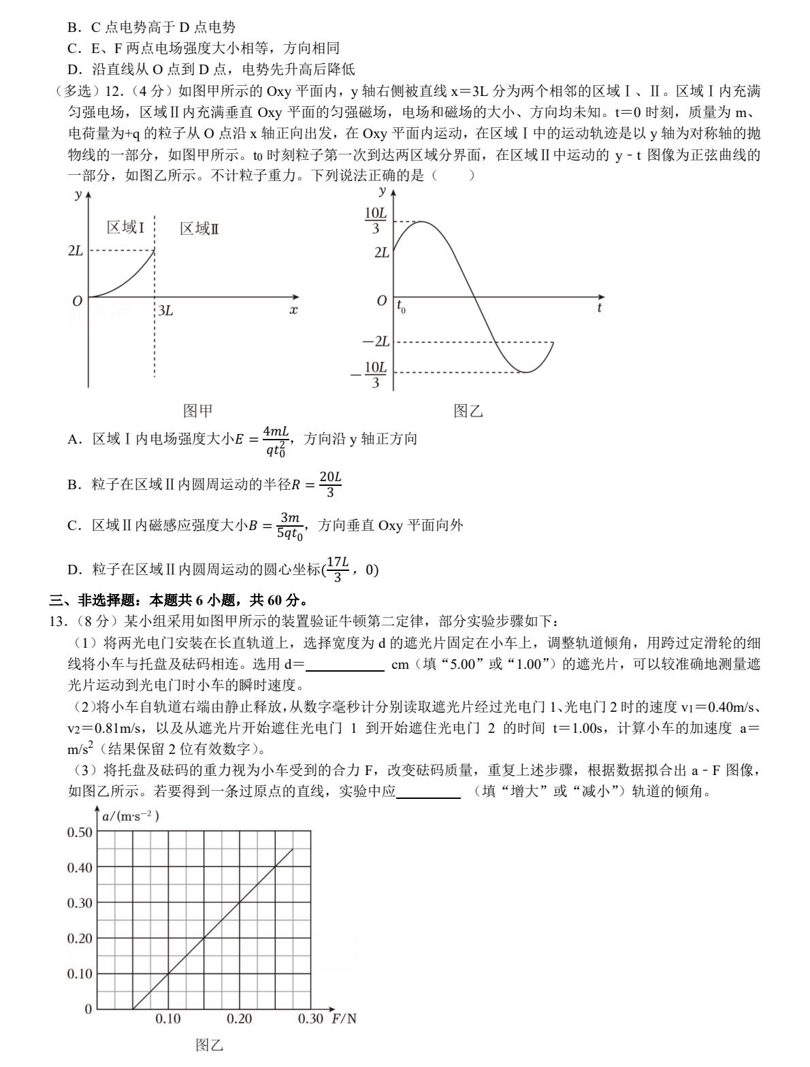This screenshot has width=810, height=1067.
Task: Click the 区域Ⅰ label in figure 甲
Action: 125,227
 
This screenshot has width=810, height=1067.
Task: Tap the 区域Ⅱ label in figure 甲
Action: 199,229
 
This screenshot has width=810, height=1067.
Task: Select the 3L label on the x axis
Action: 165,311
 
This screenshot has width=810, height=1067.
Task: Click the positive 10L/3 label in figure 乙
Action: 376,221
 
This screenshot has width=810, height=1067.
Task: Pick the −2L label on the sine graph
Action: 376,342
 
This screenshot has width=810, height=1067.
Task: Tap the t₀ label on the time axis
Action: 401,308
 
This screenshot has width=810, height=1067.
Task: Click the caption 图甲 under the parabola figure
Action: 198,410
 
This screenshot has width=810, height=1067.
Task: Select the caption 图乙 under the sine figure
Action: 468,410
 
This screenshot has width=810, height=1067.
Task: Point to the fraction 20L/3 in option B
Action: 330,485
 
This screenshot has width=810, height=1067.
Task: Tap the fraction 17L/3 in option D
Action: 338,569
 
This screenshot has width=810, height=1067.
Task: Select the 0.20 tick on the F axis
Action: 239,1019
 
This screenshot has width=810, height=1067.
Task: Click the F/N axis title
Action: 344,1019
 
